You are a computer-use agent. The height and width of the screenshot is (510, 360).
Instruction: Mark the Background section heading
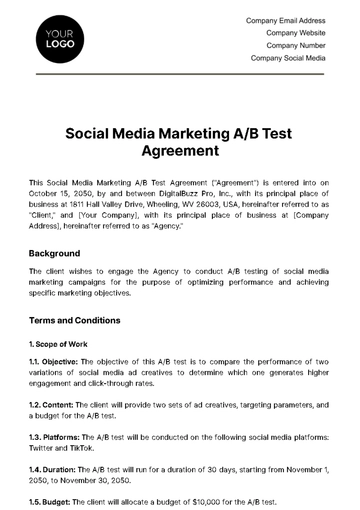coord(55,253)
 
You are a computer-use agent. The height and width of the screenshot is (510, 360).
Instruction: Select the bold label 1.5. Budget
coord(51,500)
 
